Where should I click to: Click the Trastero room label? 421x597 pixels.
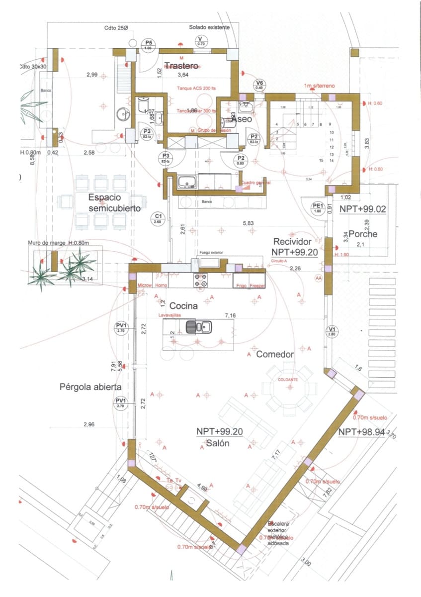tap(181, 66)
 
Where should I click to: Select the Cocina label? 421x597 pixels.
tap(183, 306)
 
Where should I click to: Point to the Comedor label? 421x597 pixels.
tap(275, 354)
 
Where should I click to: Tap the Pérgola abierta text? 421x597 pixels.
tap(90, 386)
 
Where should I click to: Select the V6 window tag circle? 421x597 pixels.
tap(259, 85)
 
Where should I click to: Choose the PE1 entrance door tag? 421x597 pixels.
tap(318, 207)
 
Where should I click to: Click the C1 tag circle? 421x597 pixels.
tap(158, 218)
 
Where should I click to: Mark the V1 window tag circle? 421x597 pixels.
tap(332, 331)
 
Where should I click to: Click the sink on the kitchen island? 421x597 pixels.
tap(198, 327)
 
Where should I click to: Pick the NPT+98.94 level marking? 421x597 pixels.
tap(361, 432)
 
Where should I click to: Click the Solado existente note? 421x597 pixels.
tap(209, 27)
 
